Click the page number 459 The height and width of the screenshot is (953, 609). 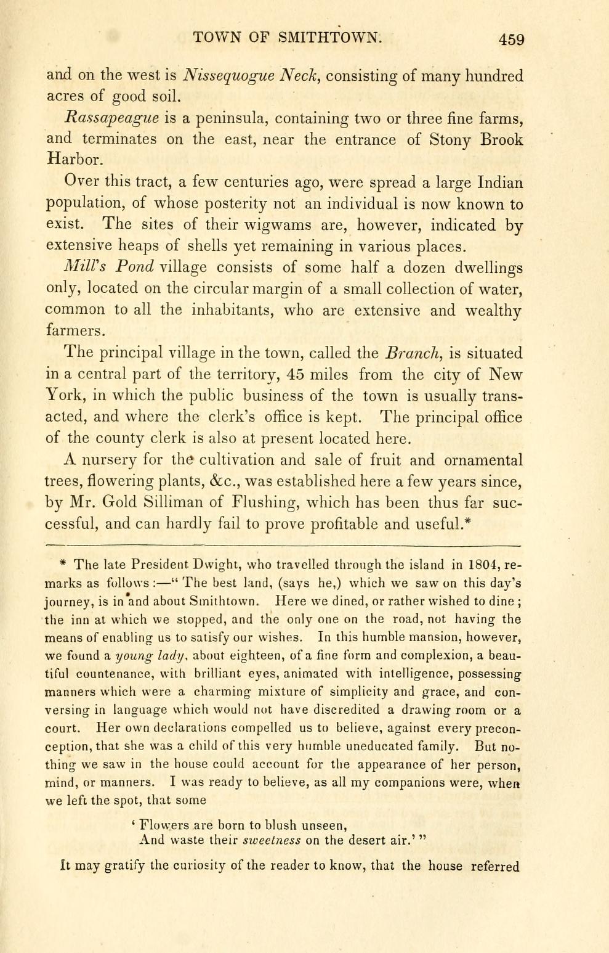[x=511, y=39]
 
